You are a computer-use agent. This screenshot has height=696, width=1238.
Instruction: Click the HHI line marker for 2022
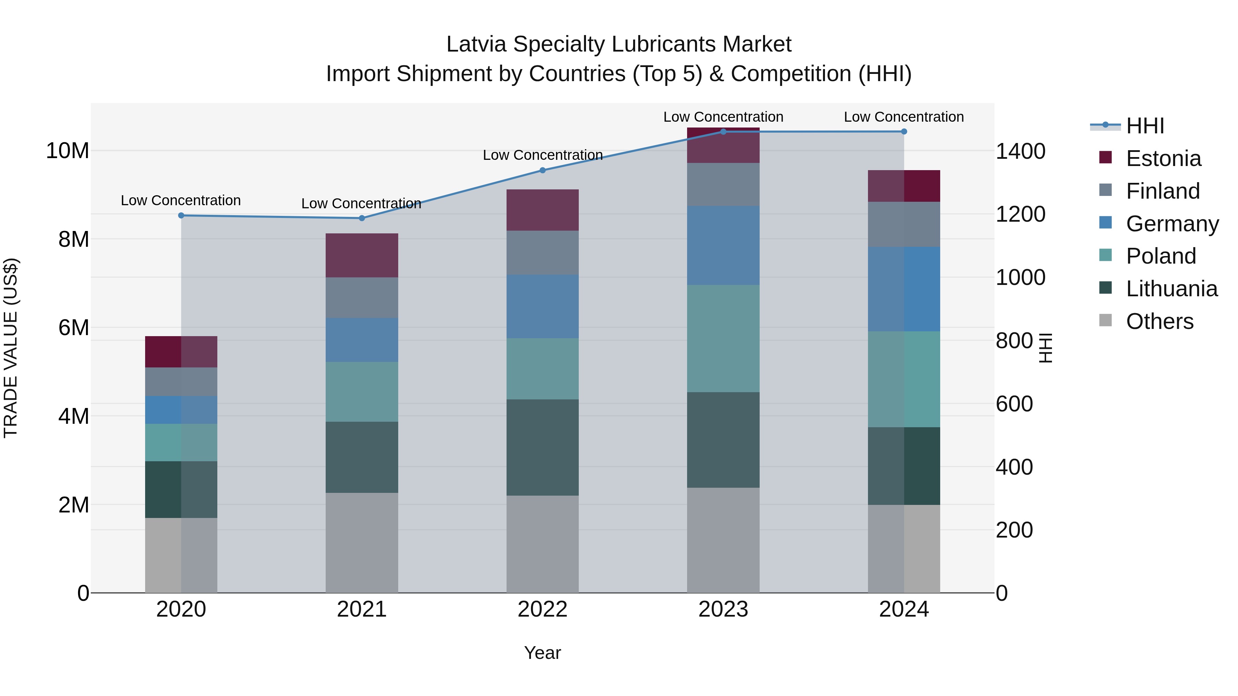tap(543, 170)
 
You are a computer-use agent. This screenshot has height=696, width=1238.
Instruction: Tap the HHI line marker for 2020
tap(181, 215)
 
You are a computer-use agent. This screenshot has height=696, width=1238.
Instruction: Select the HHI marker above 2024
tap(904, 132)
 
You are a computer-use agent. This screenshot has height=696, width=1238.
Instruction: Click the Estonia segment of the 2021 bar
tap(362, 255)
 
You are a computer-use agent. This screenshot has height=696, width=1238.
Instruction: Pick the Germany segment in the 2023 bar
tap(723, 245)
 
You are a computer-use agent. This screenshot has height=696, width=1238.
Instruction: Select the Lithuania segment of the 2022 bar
tap(543, 447)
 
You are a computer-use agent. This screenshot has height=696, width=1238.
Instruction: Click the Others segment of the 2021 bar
tap(362, 543)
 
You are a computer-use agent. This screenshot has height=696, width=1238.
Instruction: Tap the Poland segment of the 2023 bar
tap(723, 338)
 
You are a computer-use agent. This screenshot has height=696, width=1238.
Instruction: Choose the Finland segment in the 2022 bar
tap(543, 253)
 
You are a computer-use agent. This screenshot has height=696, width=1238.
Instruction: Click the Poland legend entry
tap(1161, 256)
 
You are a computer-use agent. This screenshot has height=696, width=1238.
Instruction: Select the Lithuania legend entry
tap(1171, 289)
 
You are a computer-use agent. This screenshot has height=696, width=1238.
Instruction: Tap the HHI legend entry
tap(1144, 126)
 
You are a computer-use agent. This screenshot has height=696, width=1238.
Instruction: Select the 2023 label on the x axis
tap(723, 609)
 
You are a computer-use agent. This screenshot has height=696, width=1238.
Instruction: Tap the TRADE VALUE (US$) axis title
tap(11, 348)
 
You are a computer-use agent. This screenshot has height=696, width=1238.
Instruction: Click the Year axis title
tap(543, 653)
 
